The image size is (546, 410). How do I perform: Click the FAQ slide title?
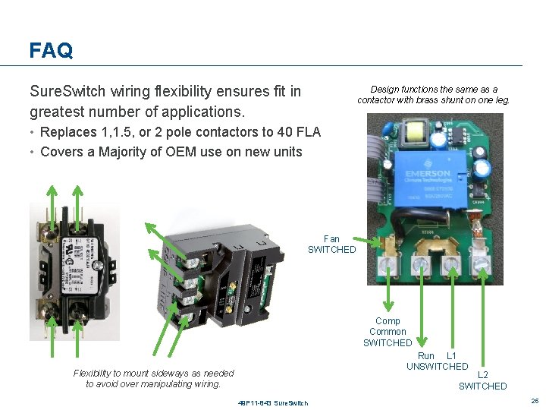coord(51,51)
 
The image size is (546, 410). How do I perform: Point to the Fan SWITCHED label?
coord(331,244)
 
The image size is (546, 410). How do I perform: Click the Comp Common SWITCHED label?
coord(388,332)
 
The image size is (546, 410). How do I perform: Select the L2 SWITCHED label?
coord(482,380)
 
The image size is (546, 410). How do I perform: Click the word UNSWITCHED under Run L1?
coord(438,367)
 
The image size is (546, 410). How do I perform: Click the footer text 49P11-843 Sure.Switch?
coord(273,402)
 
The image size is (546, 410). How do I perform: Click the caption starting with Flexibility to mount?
coord(154,378)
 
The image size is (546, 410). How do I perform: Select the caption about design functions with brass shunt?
coord(434,95)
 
